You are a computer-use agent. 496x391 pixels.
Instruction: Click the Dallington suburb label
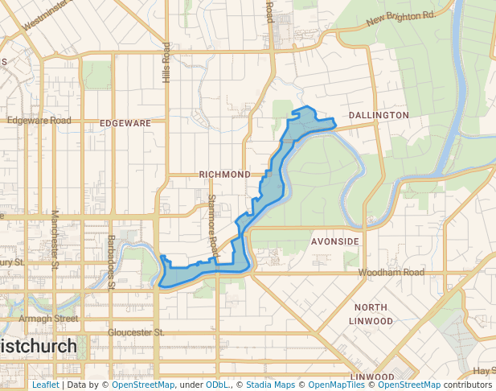(x=379, y=116)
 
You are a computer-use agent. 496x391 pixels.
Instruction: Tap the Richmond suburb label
(x=224, y=175)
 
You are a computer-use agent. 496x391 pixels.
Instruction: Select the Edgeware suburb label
(x=125, y=123)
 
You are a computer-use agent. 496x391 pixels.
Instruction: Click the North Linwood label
(x=371, y=314)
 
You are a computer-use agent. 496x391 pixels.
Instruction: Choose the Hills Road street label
(x=166, y=63)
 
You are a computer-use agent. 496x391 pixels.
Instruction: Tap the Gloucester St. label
(x=136, y=331)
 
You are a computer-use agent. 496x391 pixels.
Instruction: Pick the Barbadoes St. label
(x=112, y=262)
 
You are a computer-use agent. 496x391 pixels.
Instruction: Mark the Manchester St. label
(x=55, y=239)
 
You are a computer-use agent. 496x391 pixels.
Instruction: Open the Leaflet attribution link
(x=45, y=385)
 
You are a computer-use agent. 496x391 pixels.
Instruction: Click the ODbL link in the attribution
(x=217, y=385)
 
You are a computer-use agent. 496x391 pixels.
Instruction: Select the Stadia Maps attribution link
(x=269, y=385)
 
